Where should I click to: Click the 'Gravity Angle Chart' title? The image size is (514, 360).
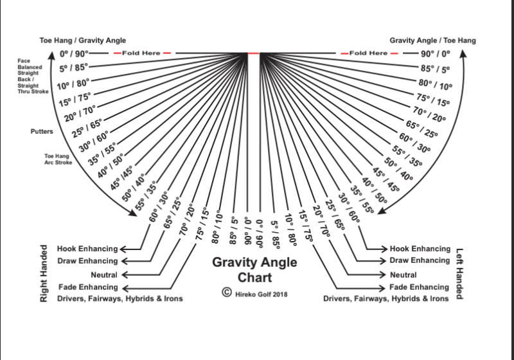pos(254,269)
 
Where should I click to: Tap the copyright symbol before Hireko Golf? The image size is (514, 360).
pos(227,292)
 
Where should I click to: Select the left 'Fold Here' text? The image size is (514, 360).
pos(141,53)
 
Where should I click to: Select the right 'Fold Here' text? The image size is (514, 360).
pos(368,53)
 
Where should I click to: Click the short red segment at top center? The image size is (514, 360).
pos(253,53)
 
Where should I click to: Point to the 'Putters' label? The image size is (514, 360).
pos(42,132)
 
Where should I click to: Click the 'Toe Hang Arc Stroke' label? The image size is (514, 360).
pos(58,159)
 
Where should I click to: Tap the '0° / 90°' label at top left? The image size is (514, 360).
pos(74,53)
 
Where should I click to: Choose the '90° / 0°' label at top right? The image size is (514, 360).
pos(436,53)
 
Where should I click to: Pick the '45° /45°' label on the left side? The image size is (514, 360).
pos(121,178)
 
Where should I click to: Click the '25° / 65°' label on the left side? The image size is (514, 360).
pos(87,128)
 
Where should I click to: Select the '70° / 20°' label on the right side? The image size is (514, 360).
pos(429,114)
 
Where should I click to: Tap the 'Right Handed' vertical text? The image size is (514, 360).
pos(44,273)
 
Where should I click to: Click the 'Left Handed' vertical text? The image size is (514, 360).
pos(459,274)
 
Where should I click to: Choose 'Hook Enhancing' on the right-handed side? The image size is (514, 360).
pos(87,249)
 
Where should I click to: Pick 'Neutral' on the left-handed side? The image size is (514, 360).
pos(403,274)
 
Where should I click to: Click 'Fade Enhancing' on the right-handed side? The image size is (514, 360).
pos(88,287)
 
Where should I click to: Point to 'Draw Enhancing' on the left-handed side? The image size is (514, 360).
pos(420,260)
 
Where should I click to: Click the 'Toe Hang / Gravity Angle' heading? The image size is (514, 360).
pos(83,40)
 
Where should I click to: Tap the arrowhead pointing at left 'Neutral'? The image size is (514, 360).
pos(124,274)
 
